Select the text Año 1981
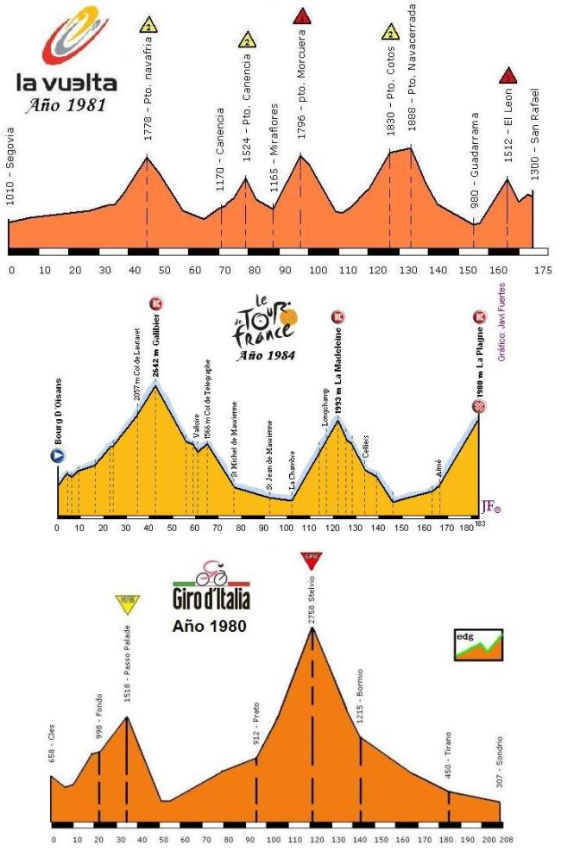coord(66,107)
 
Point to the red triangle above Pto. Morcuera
coord(301,16)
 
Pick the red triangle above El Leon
coord(507,75)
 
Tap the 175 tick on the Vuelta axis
coord(542,270)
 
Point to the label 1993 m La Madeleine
coord(338,377)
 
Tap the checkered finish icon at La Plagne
coord(480,406)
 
